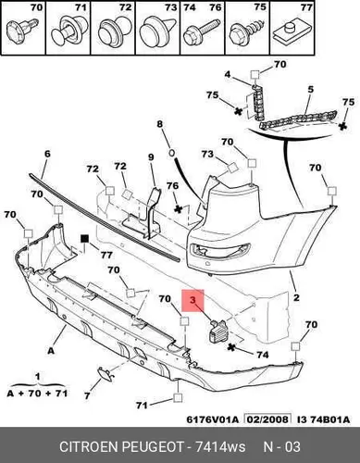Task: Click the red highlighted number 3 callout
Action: coord(193,300)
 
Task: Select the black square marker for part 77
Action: coord(84,239)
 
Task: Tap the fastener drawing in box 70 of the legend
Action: coord(22,30)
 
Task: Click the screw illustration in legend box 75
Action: coord(247,32)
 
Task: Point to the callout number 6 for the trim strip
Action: coord(47,154)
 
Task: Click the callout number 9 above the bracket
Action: coord(151,157)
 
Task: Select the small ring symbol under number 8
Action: coord(172,152)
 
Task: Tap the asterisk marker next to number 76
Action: coord(178,209)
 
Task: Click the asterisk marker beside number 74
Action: coord(231,347)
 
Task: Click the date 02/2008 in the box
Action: coord(267,419)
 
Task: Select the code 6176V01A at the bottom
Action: coord(213,419)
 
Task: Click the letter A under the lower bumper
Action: coord(51,351)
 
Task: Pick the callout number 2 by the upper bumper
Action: coord(296,297)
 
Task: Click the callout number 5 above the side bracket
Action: coord(310,89)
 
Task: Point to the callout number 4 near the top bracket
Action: coord(228,74)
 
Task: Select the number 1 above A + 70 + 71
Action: coord(37,377)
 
